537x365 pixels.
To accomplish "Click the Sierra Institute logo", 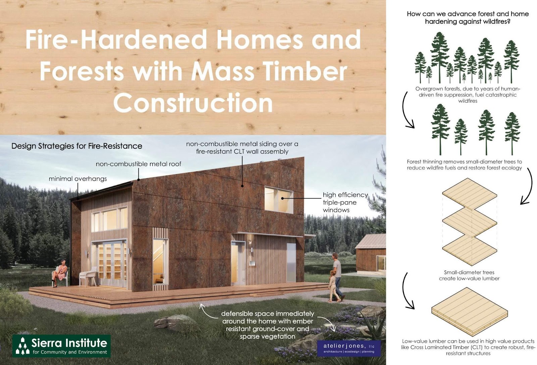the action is tap(61, 346).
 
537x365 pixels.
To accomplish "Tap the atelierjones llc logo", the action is tap(349, 348).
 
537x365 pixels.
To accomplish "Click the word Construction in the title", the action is tap(193, 102).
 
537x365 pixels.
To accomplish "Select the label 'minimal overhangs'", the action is tap(78, 179).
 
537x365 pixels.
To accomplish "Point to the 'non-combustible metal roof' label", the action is tap(139, 164).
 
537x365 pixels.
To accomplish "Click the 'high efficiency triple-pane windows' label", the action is tap(345, 202).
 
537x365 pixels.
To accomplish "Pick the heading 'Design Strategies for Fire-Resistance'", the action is tap(77, 146).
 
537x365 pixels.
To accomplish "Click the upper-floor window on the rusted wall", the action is tap(279, 200).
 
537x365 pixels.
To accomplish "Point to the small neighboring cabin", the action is tap(371, 254).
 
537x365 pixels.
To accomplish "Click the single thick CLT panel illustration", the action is tap(470, 311).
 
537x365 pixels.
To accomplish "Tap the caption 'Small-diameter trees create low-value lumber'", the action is tap(469, 275).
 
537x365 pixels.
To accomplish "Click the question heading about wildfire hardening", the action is tap(468, 17).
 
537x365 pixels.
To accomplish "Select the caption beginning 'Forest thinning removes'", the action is tap(465, 165).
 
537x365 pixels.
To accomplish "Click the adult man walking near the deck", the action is tap(338, 276).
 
